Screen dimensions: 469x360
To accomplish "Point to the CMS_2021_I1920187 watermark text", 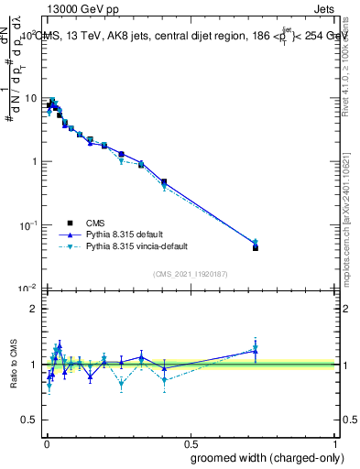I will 190,272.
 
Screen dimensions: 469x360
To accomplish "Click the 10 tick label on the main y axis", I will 30,98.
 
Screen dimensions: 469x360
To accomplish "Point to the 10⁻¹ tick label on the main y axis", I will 27,224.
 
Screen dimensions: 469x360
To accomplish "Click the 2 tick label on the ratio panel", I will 34,309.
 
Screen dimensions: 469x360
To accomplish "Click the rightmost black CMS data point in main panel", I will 256,247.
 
